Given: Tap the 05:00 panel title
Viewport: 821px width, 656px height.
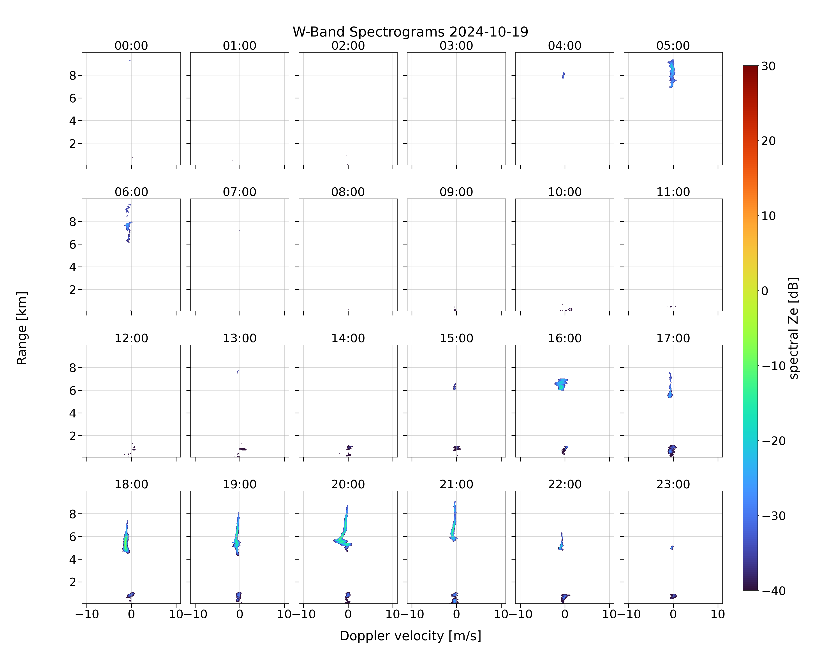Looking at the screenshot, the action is pyautogui.click(x=673, y=46).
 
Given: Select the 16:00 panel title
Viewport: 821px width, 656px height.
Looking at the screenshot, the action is pyautogui.click(x=565, y=338).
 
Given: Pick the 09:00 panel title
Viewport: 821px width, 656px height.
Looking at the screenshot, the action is pyautogui.click(x=456, y=192).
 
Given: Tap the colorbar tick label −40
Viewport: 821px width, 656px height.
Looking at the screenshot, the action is pyautogui.click(x=773, y=591).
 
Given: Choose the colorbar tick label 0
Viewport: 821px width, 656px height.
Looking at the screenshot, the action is pyautogui.click(x=765, y=291).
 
